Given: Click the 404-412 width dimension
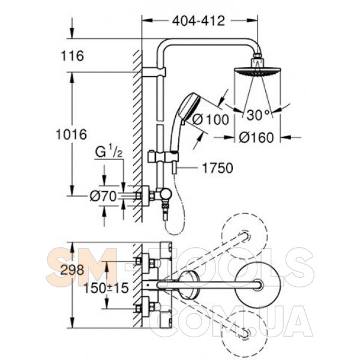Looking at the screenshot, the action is pyautogui.click(x=199, y=21).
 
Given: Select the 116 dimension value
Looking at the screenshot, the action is pyautogui.click(x=73, y=56).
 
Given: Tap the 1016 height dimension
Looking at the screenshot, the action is pyautogui.click(x=71, y=134).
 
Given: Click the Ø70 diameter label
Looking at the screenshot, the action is pyautogui.click(x=103, y=196).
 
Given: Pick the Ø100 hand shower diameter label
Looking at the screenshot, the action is pyautogui.click(x=211, y=119).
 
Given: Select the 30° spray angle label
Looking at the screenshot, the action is pyautogui.click(x=258, y=115).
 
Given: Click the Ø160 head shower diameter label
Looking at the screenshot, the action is pyautogui.click(x=256, y=137).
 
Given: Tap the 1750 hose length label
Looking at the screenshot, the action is pyautogui.click(x=217, y=168).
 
